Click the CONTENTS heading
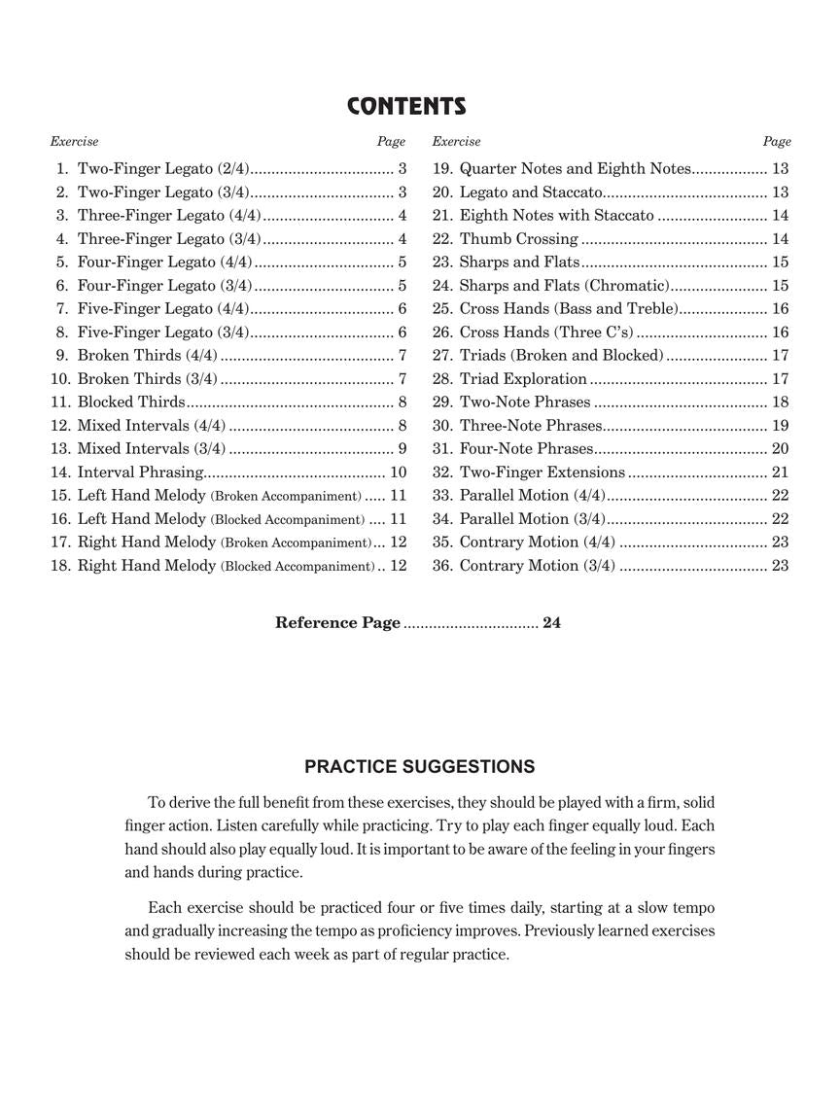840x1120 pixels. pos(406,107)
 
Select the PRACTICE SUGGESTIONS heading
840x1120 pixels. pos(419,767)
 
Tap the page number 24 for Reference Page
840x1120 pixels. pos(551,623)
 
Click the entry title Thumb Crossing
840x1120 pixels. pos(518,239)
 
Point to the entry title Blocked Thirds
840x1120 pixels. pos(131,402)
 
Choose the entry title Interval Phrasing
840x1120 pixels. pos(140,472)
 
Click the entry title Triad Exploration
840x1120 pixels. pos(523,379)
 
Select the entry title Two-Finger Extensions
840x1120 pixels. pos(542,472)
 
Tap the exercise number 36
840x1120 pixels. pos(442,566)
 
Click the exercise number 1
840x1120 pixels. pos(62,169)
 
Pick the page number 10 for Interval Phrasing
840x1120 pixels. pos(398,472)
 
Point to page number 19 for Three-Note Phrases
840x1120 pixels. pos(780,426)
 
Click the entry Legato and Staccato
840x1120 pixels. pos(531,192)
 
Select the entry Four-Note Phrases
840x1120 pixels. pos(526,449)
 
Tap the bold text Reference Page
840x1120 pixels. pos(337,623)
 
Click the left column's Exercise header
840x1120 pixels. pos(75,142)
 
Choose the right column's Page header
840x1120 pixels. pos(777,142)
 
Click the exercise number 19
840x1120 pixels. pos(442,169)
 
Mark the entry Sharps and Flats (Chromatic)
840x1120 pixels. pos(564,286)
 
